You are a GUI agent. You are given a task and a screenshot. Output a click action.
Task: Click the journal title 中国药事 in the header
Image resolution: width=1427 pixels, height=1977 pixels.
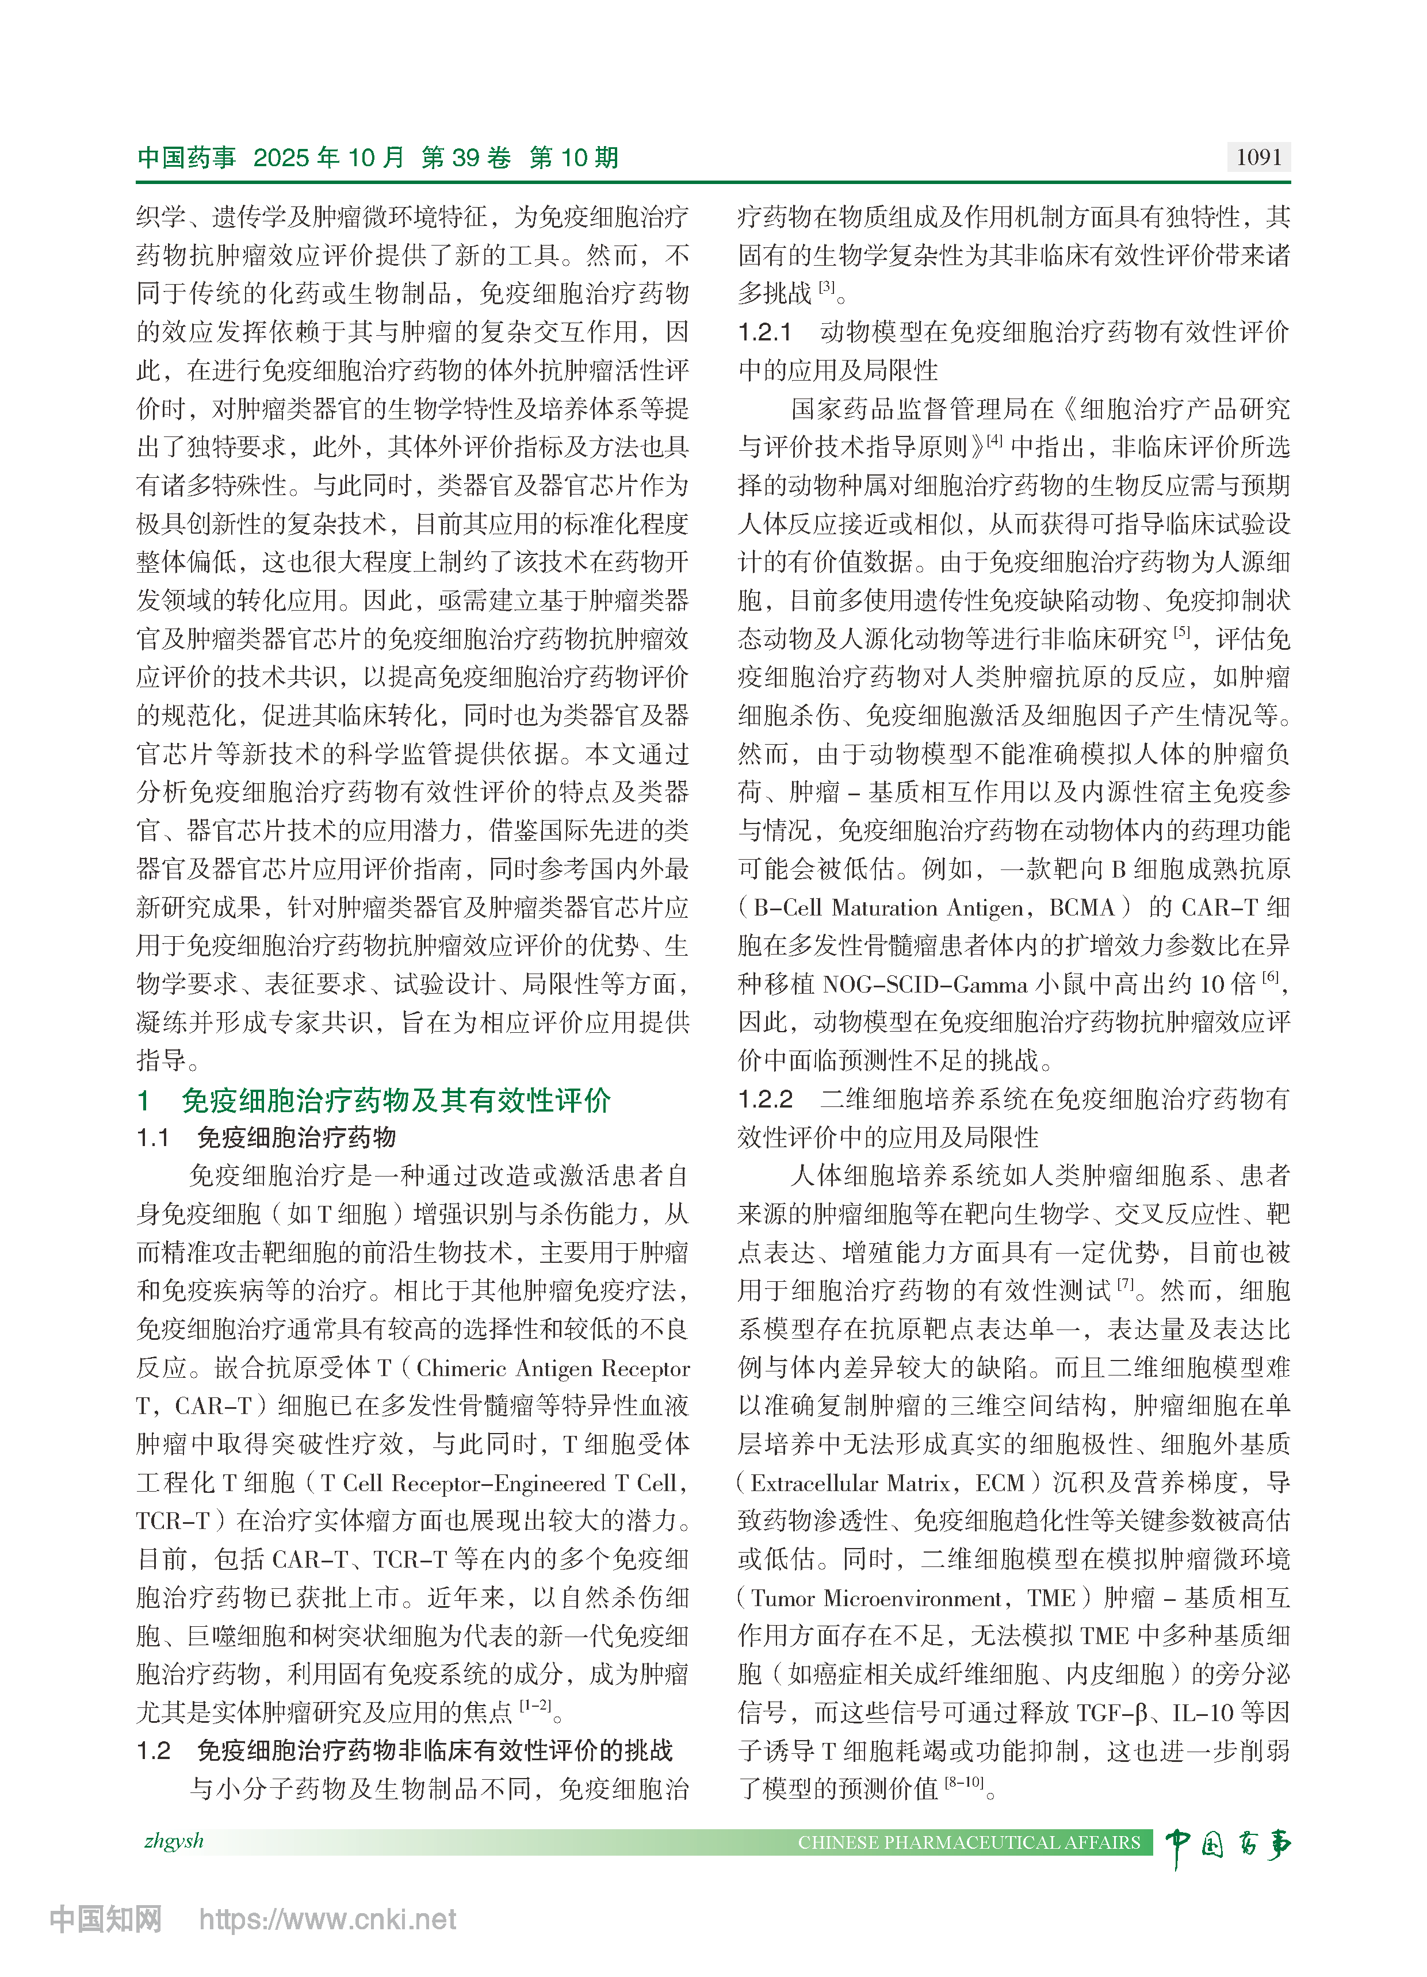pyautogui.click(x=186, y=158)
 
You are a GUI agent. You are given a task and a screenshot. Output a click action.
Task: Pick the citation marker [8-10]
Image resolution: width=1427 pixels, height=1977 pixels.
pyautogui.click(x=964, y=1783)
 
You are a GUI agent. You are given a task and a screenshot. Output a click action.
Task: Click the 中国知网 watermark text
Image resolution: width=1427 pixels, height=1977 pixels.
pyautogui.click(x=105, y=1919)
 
